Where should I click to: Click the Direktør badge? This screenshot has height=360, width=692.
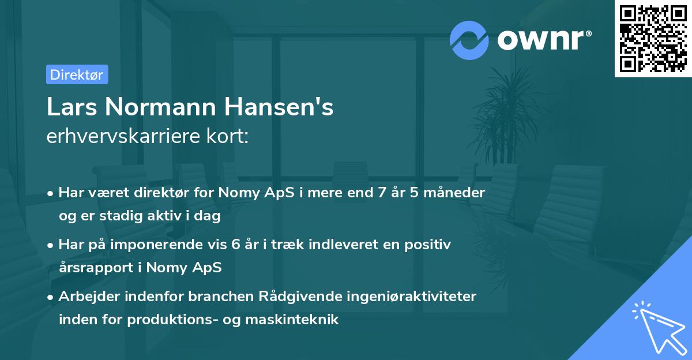click(x=77, y=74)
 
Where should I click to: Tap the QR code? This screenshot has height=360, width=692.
click(x=653, y=39)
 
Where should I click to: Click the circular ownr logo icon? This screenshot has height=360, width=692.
click(x=469, y=40)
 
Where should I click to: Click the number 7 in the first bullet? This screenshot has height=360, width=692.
click(x=382, y=192)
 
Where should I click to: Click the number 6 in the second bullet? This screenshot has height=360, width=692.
click(x=235, y=245)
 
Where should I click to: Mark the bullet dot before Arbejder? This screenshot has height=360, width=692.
click(x=51, y=297)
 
